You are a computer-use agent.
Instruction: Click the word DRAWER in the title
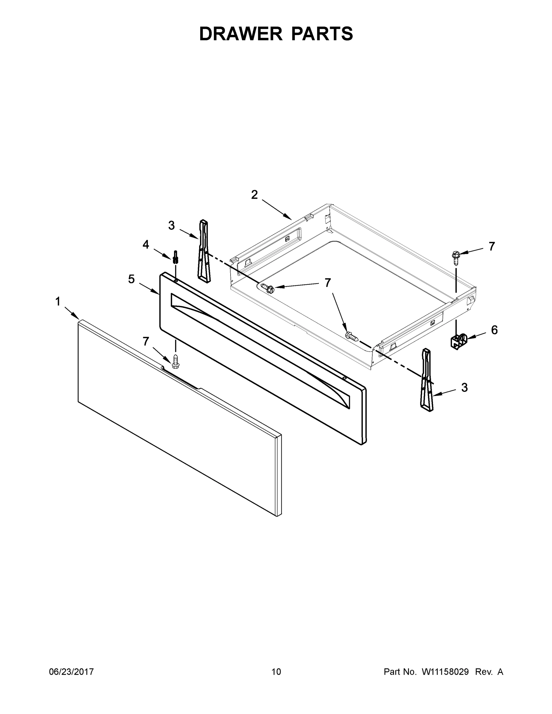click(x=240, y=34)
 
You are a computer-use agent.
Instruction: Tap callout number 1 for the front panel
click(x=58, y=301)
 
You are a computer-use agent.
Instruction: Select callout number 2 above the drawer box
click(x=254, y=195)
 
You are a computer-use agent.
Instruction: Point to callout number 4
click(x=146, y=244)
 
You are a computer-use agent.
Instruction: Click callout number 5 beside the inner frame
click(x=131, y=279)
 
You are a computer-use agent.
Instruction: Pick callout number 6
click(x=494, y=330)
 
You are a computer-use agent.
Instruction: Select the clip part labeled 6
click(x=458, y=341)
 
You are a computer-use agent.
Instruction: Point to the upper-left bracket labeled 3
click(x=204, y=250)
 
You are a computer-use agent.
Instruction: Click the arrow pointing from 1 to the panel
click(x=72, y=313)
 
